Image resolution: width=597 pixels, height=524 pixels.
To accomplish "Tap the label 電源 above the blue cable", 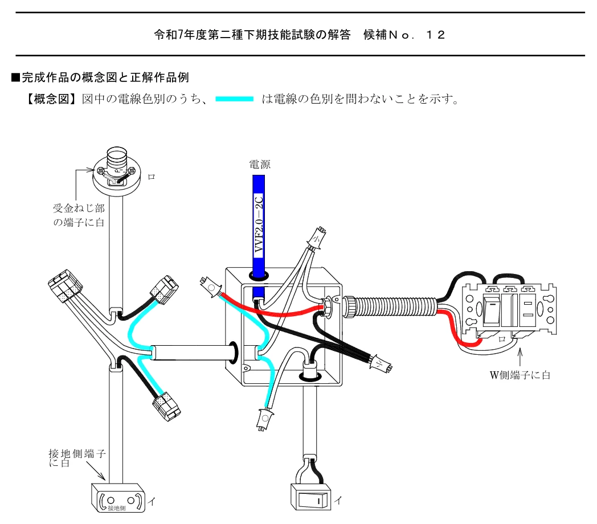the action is click(x=260, y=165).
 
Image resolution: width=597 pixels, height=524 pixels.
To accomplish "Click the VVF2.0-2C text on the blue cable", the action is click(x=259, y=223).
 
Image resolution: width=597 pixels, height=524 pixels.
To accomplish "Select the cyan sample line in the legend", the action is click(x=234, y=99).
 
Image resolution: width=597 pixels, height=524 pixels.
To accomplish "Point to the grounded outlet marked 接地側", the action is click(x=118, y=498).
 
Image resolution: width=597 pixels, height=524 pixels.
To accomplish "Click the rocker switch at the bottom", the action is click(x=311, y=497).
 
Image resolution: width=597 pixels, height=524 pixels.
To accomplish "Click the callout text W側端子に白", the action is click(x=520, y=375).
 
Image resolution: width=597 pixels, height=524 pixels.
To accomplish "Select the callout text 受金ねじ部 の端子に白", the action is click(x=79, y=215).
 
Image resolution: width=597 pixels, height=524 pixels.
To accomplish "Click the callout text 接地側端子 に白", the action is click(x=77, y=458).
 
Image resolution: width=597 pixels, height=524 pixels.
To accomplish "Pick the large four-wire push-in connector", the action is click(x=66, y=286).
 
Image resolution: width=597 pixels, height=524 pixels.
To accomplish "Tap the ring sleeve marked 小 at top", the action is click(x=318, y=238).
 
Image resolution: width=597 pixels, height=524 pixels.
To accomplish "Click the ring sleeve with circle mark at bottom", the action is click(x=265, y=419).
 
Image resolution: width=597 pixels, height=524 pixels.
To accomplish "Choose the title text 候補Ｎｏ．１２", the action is click(x=404, y=35).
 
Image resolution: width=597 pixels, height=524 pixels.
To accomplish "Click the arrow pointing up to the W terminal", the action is click(x=520, y=358).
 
